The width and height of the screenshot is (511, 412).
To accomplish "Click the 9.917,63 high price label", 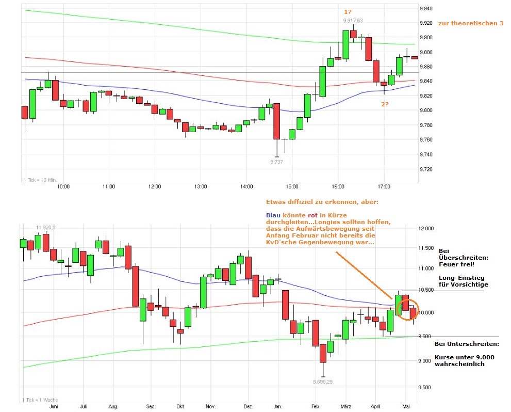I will pyautogui.click(x=353, y=21).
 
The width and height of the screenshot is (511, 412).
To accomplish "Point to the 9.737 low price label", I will pyautogui.click(x=277, y=162).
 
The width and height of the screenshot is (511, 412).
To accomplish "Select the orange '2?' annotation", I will pyautogui.click(x=385, y=104).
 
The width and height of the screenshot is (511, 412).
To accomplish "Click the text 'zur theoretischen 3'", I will pyautogui.click(x=470, y=23).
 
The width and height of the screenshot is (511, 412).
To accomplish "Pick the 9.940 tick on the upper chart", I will pyautogui.click(x=426, y=9).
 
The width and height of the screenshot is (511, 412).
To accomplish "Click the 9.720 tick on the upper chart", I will pyautogui.click(x=426, y=169).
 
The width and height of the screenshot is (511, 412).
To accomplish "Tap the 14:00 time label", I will pyautogui.click(x=246, y=186).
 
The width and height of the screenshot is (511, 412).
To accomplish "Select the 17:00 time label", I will pyautogui.click(x=383, y=186).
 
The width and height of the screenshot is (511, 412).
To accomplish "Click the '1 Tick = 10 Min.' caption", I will pyautogui.click(x=40, y=180).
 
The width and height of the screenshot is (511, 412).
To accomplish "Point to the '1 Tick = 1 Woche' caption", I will pyautogui.click(x=40, y=400).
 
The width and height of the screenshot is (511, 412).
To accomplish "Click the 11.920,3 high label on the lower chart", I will pyautogui.click(x=45, y=227).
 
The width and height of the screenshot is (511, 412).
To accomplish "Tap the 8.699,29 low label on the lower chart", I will pyautogui.click(x=323, y=382).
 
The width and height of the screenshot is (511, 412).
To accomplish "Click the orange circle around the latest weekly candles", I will pyautogui.click(x=408, y=309).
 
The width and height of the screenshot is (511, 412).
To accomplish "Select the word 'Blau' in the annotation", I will pyautogui.click(x=273, y=215).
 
